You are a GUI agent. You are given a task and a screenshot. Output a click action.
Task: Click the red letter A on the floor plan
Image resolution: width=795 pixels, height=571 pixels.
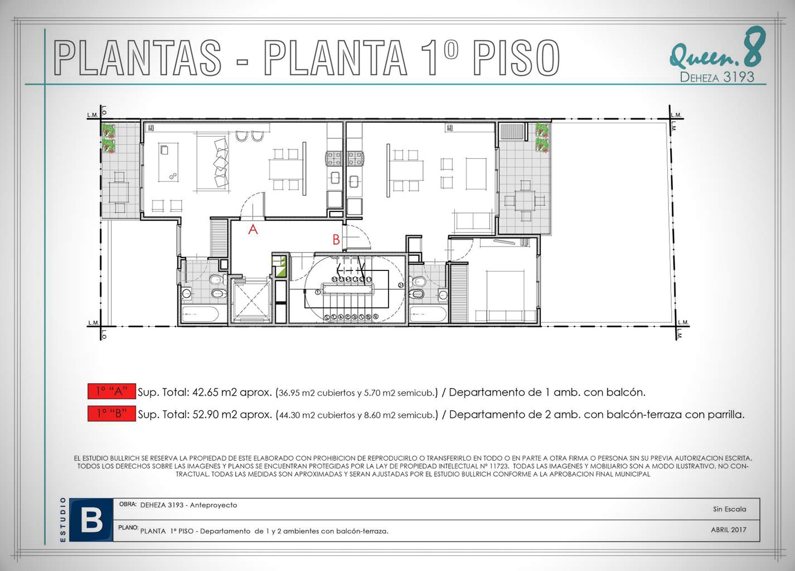point(253,229)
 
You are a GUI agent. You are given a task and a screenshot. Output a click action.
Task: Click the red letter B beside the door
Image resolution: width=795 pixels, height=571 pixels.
point(336,240)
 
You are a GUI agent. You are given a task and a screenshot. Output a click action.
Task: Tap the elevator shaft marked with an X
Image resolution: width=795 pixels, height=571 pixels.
point(251,301)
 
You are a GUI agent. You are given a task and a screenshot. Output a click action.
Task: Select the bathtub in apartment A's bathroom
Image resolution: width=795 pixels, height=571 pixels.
point(200,314)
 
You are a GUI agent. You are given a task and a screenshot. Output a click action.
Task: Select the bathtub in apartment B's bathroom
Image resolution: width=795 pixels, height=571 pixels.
point(428,314)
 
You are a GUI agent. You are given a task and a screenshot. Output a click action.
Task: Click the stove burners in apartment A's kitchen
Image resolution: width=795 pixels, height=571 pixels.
point(333,158)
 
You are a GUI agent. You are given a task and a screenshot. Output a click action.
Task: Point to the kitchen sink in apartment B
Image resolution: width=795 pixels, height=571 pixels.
point(353,182)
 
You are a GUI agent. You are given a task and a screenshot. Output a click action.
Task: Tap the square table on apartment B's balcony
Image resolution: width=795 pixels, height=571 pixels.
point(525,201)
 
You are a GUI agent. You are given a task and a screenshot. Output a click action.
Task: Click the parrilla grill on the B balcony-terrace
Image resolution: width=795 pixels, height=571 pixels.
point(512,132)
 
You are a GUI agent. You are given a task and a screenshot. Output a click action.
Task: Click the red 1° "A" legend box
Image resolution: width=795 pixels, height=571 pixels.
point(112,391)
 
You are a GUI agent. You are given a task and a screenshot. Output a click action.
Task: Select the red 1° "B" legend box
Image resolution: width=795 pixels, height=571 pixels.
point(112,413)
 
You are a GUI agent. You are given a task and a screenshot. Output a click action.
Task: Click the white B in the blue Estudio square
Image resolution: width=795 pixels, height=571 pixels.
point(91,521)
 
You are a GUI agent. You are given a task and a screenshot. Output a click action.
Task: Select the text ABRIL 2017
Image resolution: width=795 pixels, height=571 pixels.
point(729,530)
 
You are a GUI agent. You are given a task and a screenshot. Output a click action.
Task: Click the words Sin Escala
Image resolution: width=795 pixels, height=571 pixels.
point(729,509)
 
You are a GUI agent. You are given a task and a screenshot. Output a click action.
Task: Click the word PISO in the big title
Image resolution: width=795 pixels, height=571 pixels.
point(516,57)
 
